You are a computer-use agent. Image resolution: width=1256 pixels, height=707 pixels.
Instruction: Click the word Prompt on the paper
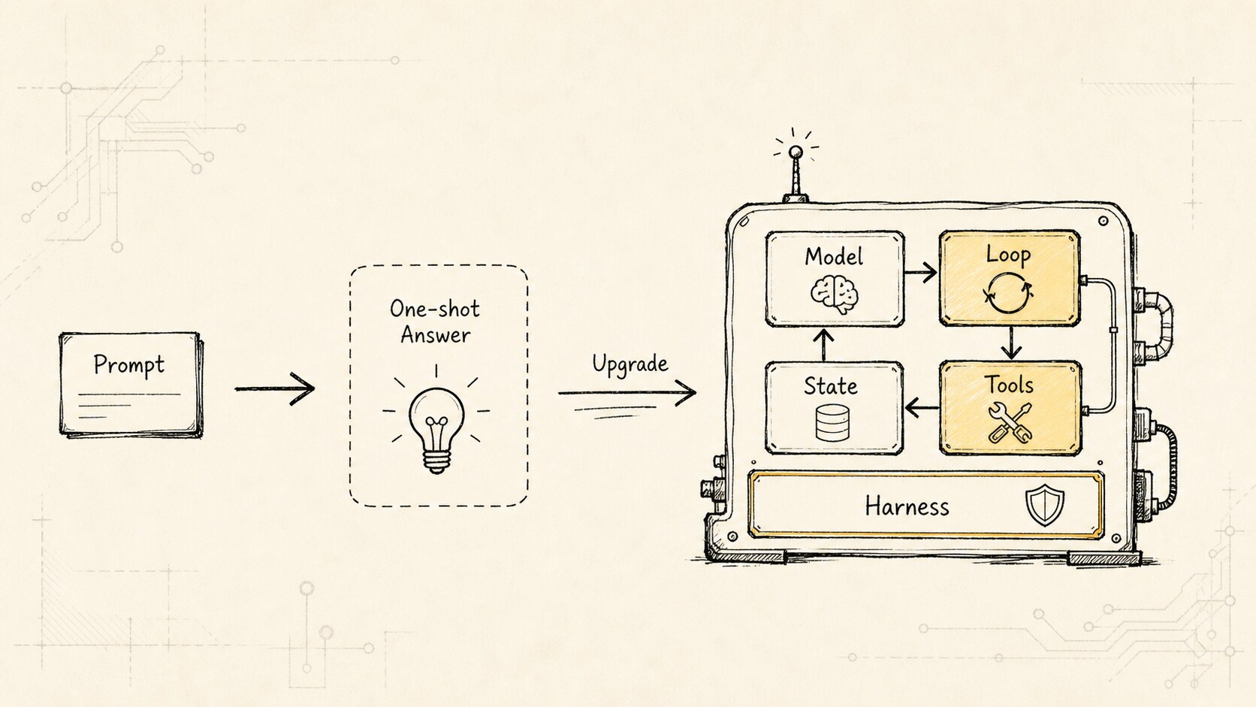pyautogui.click(x=129, y=365)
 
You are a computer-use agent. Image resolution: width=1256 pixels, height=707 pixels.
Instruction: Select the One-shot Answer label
pyautogui.click(x=435, y=322)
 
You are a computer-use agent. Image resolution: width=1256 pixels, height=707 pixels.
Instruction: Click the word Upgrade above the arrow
pyautogui.click(x=630, y=364)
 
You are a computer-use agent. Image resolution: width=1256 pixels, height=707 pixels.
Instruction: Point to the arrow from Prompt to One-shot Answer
pyautogui.click(x=275, y=388)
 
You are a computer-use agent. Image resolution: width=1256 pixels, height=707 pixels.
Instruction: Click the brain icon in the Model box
pyautogui.click(x=835, y=294)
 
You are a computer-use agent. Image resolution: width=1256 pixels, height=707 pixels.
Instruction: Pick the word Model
pyautogui.click(x=834, y=257)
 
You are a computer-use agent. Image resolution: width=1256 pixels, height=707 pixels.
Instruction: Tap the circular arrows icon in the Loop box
pyautogui.click(x=1008, y=293)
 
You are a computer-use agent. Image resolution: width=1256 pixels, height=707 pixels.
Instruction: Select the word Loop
pyautogui.click(x=1008, y=255)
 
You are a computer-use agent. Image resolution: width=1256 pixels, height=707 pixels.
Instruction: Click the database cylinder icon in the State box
pyautogui.click(x=832, y=423)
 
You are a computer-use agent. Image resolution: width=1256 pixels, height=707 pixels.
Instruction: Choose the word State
pyautogui.click(x=831, y=386)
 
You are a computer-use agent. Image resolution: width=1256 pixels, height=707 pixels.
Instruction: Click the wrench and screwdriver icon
pyautogui.click(x=1010, y=423)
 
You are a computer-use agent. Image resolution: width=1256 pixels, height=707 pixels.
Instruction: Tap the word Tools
pyautogui.click(x=1009, y=385)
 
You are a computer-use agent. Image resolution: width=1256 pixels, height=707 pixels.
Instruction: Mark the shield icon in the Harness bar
pyautogui.click(x=1045, y=506)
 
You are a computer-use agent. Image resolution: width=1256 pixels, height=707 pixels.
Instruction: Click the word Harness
pyautogui.click(x=907, y=507)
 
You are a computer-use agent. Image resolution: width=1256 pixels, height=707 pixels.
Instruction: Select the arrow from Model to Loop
pyautogui.click(x=921, y=273)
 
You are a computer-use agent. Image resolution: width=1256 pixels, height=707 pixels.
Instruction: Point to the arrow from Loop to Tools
pyautogui.click(x=1011, y=343)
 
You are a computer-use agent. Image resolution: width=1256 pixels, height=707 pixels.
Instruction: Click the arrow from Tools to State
pyautogui.click(x=922, y=408)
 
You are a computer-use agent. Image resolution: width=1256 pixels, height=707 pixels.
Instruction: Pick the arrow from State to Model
pyautogui.click(x=823, y=345)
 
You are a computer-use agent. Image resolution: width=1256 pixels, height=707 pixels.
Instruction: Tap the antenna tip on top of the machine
pyautogui.click(x=796, y=152)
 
